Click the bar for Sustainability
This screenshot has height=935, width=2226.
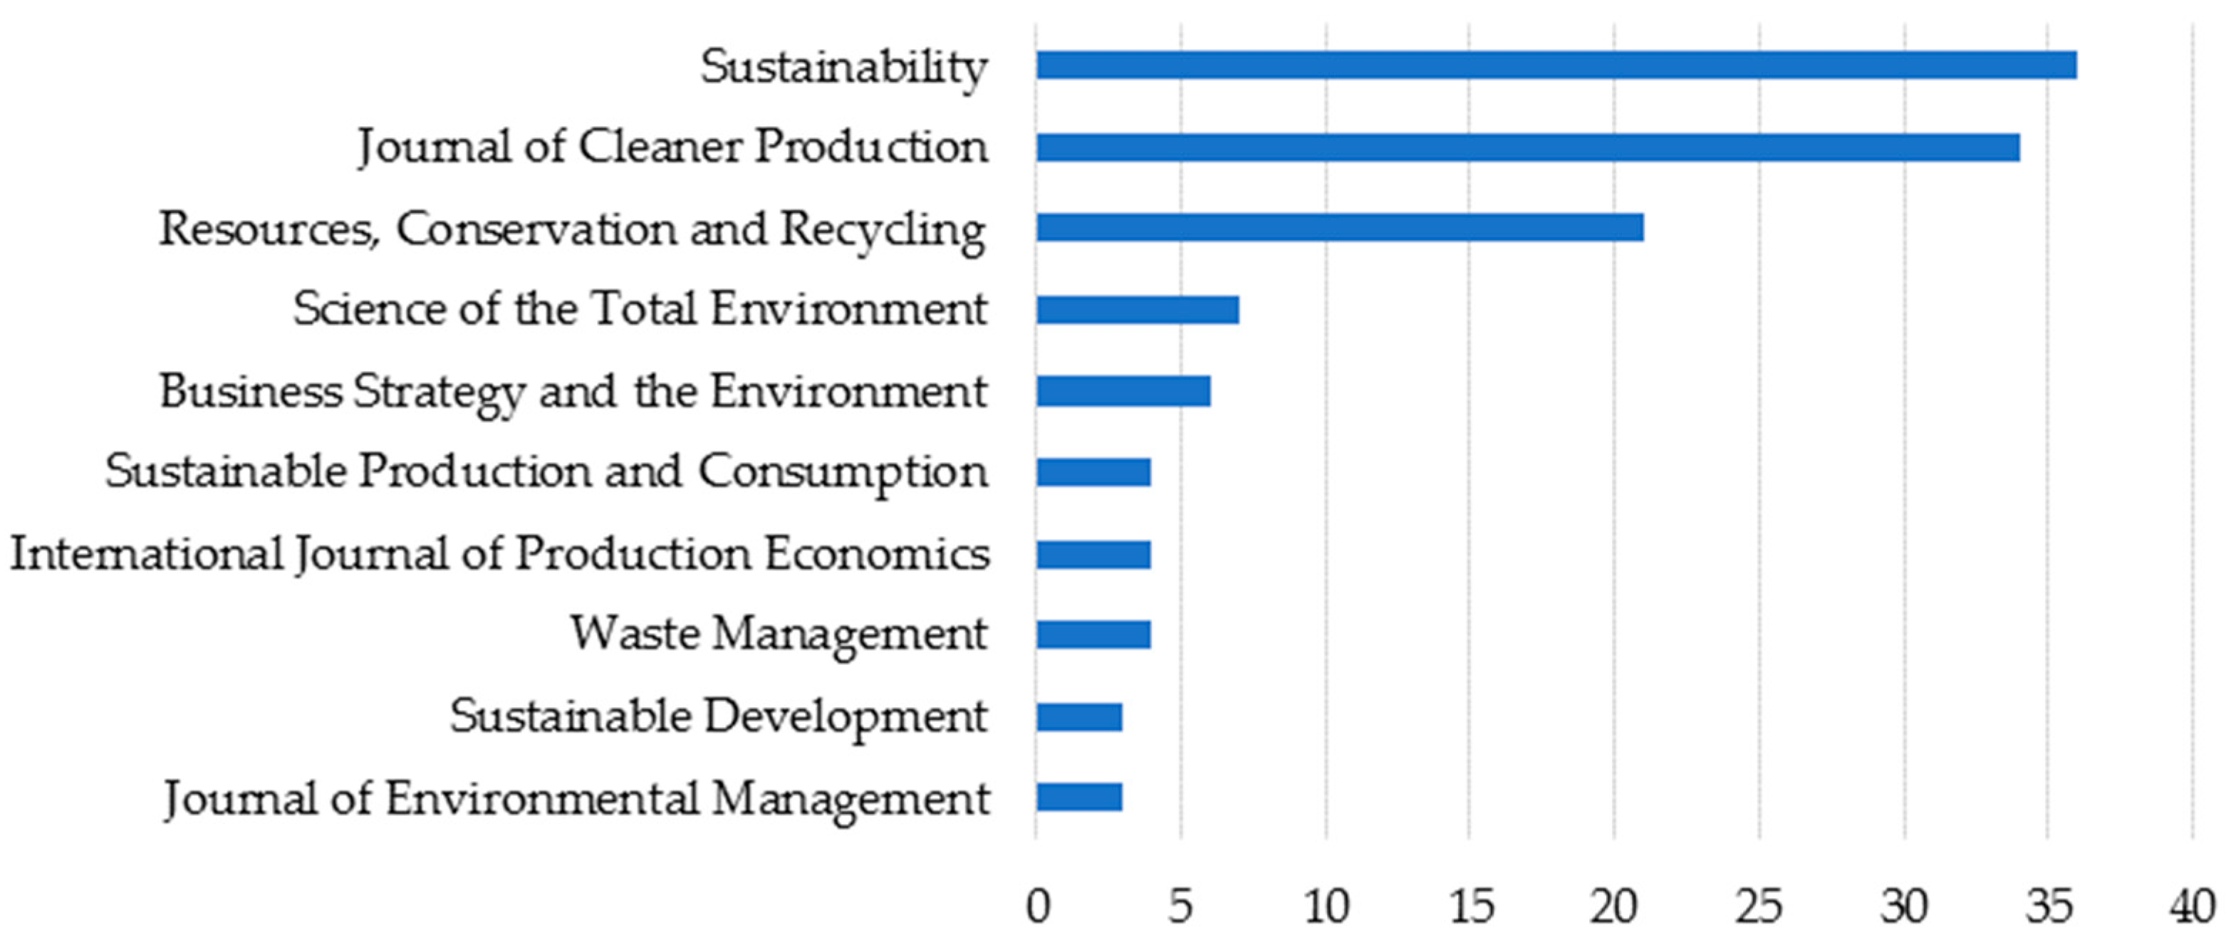point(1556,66)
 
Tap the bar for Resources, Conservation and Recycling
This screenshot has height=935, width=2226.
point(1339,228)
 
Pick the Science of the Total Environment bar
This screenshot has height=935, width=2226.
point(1137,309)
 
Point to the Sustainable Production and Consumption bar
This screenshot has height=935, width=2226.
point(1093,473)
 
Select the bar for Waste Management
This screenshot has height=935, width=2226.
point(1093,635)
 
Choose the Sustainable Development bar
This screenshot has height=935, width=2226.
point(1079,717)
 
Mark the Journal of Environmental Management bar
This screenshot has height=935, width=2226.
point(1079,798)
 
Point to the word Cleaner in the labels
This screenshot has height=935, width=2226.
point(661,147)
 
